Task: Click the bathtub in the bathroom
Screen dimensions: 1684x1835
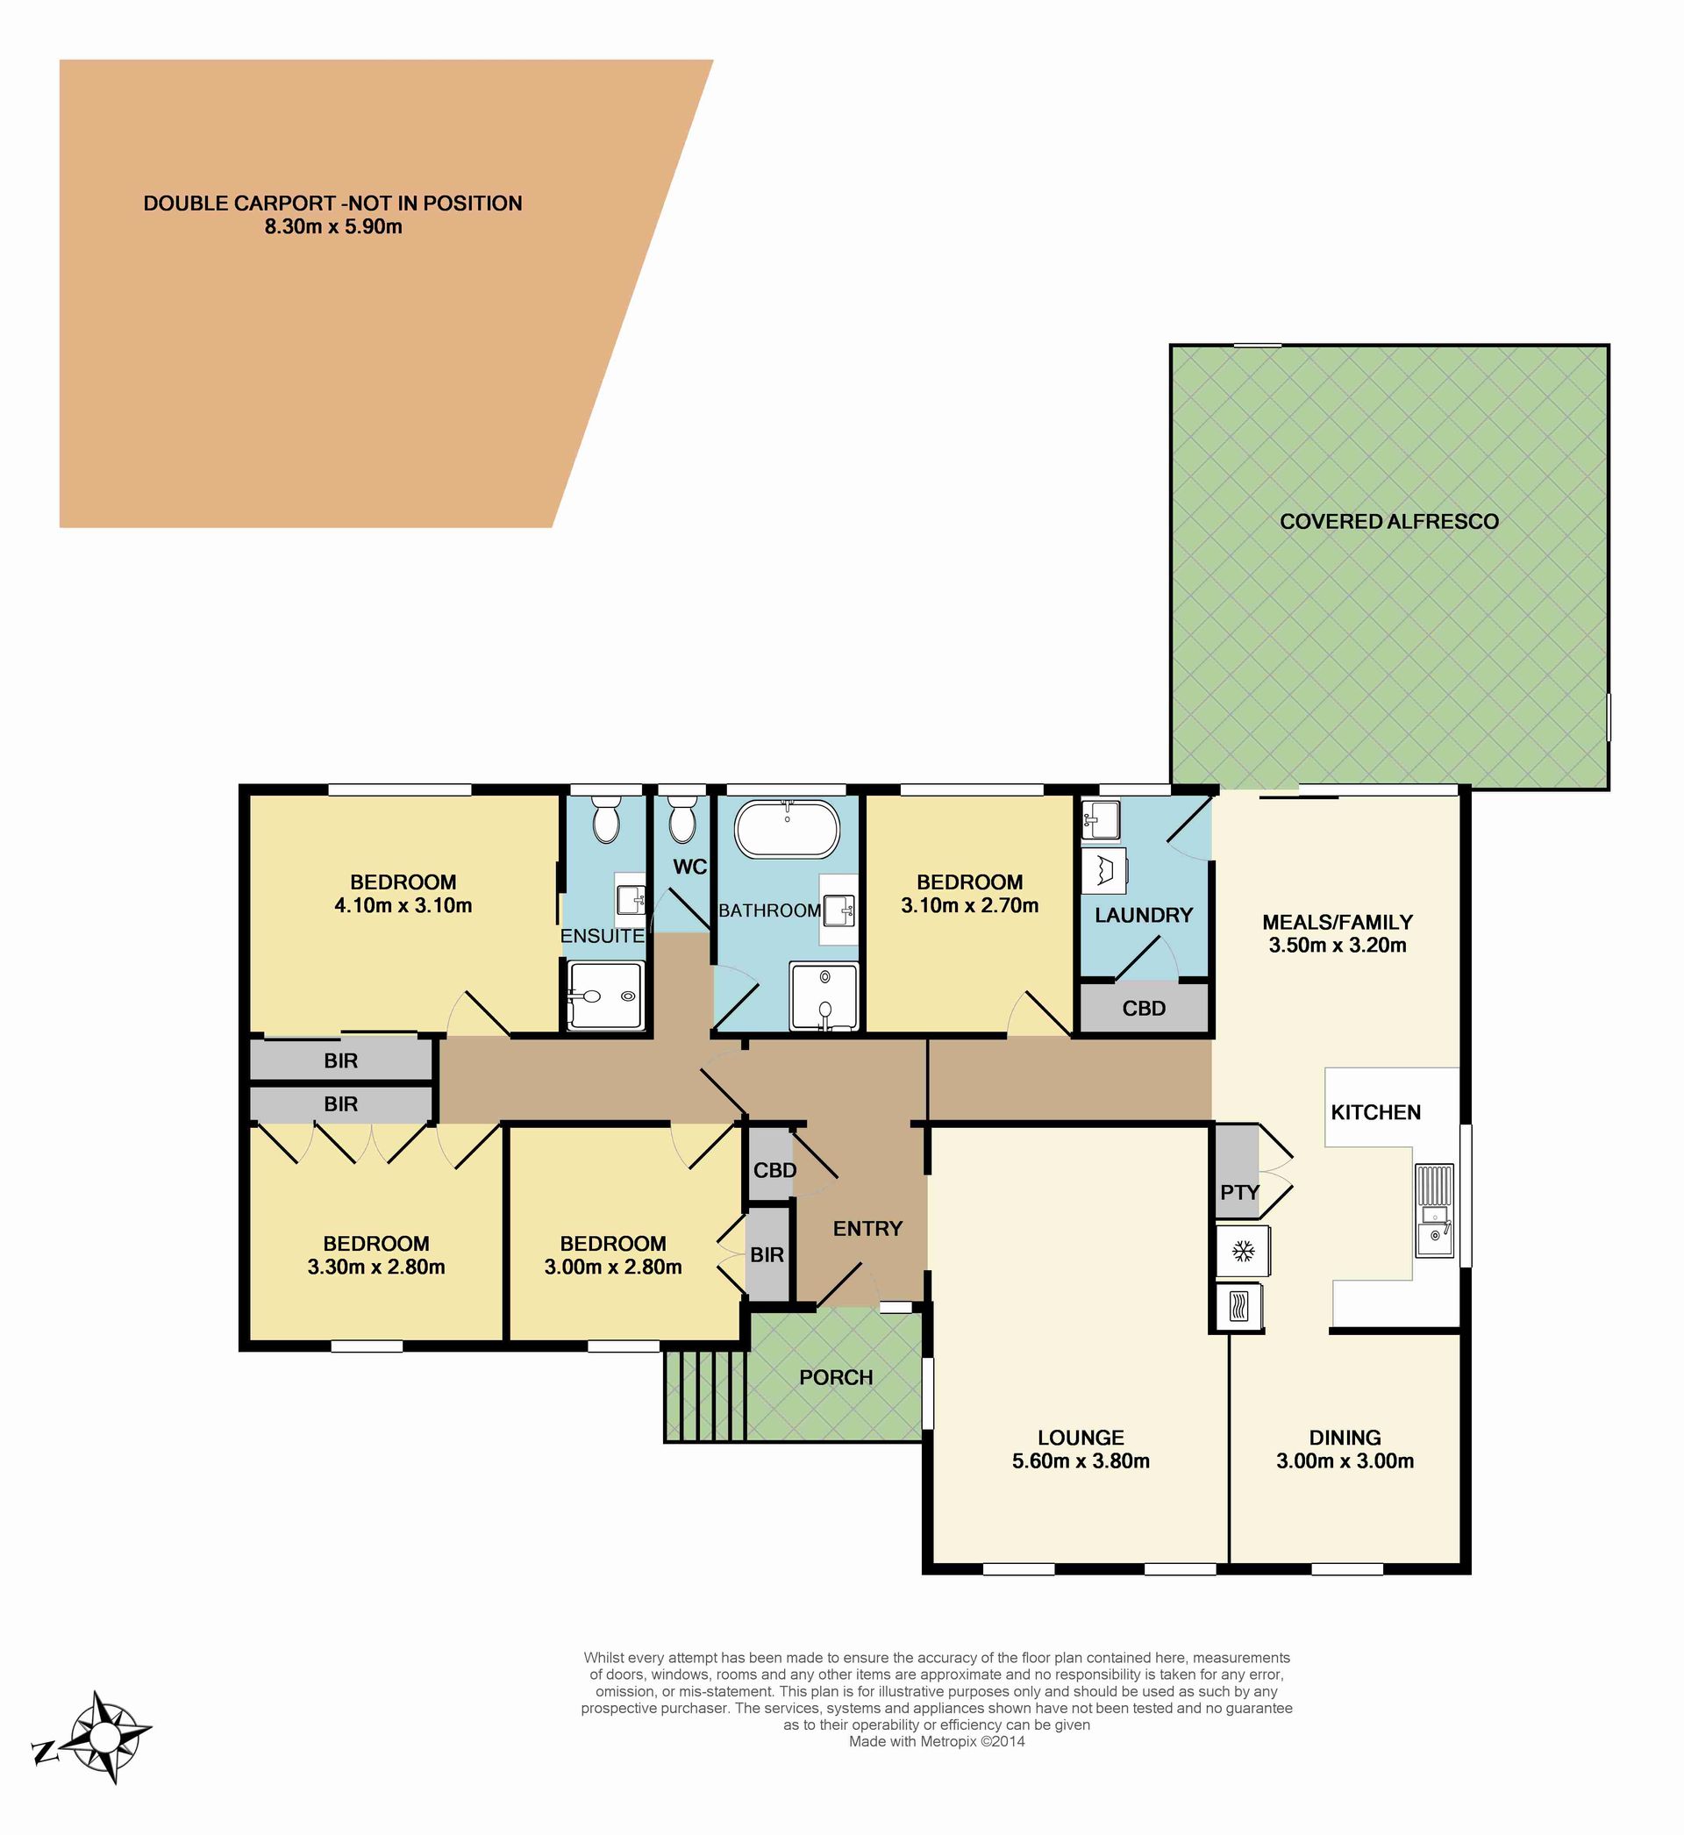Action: click(x=787, y=828)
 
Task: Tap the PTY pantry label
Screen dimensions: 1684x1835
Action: click(x=1239, y=1192)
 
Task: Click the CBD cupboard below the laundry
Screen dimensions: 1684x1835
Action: click(x=1144, y=1008)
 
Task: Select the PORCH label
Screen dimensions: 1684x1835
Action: click(x=836, y=1377)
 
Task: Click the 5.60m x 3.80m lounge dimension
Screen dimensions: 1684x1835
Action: click(x=1081, y=1460)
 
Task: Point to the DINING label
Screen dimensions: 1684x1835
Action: click(x=1345, y=1437)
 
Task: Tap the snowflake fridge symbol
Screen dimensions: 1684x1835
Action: click(x=1243, y=1251)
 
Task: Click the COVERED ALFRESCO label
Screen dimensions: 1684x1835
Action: click(x=1388, y=521)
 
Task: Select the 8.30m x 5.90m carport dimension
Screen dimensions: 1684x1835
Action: click(x=333, y=227)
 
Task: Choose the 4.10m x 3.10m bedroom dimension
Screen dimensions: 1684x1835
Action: click(x=403, y=904)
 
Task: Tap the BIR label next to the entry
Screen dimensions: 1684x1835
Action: click(x=767, y=1254)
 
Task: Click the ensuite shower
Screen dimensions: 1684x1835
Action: click(x=605, y=996)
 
